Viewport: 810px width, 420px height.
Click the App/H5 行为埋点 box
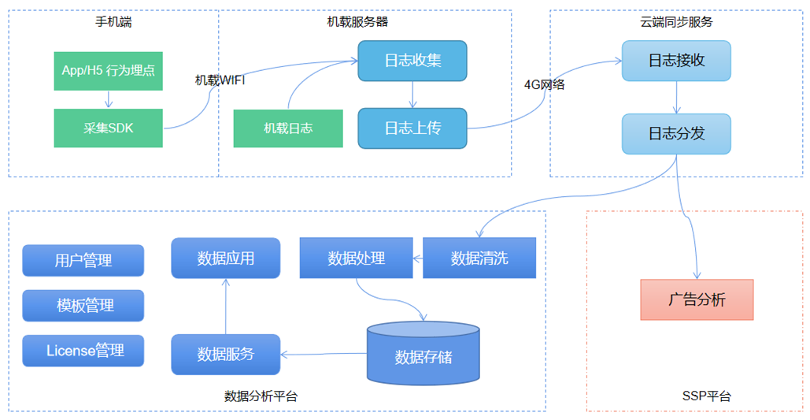click(109, 71)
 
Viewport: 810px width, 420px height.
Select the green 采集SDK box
click(109, 128)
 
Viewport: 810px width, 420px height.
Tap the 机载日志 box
click(288, 128)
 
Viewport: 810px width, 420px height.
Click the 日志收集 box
click(412, 61)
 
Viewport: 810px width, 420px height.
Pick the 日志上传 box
click(412, 128)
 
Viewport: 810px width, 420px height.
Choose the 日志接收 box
click(676, 61)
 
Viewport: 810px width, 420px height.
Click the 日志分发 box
click(676, 134)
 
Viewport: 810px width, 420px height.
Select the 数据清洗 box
click(479, 258)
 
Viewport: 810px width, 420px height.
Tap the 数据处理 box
click(357, 258)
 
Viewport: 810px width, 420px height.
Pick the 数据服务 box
click(226, 354)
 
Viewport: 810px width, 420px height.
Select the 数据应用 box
click(226, 258)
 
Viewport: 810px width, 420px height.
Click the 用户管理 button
click(83, 260)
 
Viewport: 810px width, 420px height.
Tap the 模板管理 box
click(83, 305)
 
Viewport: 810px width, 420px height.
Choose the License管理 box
click(83, 350)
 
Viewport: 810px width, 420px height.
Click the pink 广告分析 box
click(697, 299)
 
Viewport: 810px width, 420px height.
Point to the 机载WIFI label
click(220, 80)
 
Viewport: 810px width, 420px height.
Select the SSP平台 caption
click(706, 396)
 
